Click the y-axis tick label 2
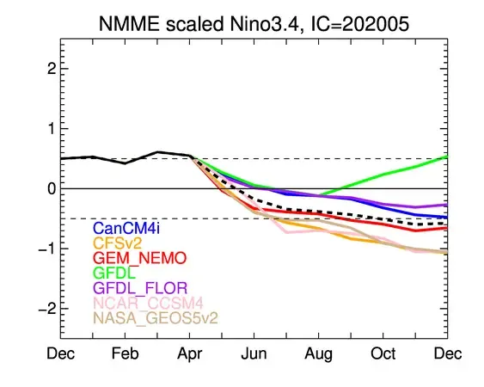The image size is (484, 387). pos(51,68)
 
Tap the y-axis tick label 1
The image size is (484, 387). pos(51,128)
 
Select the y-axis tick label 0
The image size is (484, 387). pos(51,188)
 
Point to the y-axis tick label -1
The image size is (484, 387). pos(48,249)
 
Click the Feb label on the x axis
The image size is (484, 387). pos(126,354)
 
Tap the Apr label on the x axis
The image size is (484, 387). pos(190,354)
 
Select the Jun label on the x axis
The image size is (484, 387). pos(254,354)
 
